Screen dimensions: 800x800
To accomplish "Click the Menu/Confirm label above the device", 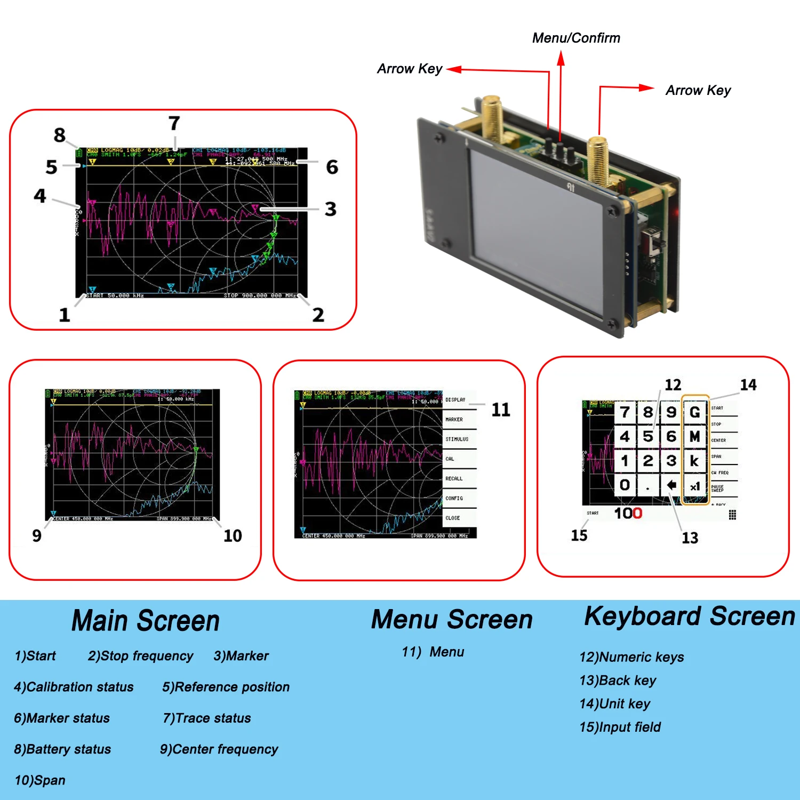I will pos(576,38).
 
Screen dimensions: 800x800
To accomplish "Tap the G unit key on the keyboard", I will pos(694,412).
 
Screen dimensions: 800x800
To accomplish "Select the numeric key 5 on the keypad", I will pos(648,436).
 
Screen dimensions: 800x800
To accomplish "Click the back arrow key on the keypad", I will pos(671,485).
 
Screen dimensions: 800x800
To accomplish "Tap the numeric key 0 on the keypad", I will pos(625,485).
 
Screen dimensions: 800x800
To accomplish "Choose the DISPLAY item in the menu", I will pos(456,399).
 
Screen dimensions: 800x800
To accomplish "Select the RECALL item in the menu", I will pos(454,478).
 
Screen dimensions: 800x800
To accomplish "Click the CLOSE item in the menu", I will pos(453,518).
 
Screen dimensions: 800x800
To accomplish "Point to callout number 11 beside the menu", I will pos(501,410).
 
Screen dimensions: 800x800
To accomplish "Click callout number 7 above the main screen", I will pos(174,123).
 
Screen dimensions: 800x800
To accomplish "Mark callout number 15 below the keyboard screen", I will pos(579,535).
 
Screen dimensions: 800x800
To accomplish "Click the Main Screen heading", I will pos(146,621).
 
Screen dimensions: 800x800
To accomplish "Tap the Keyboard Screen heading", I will pos(690,616).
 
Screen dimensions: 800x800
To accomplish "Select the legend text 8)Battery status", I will pos(62,749).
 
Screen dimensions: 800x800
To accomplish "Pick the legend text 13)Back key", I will pos(618,681).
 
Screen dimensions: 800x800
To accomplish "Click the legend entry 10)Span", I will pos(40,780).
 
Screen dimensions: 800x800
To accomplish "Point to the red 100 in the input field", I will pos(628,513).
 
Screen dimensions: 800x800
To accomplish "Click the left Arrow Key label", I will pos(410,69).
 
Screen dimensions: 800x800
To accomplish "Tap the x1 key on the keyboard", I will pos(695,486).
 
